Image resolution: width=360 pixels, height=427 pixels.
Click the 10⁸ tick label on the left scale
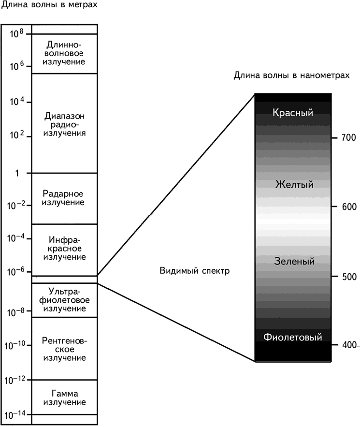(x=16, y=33)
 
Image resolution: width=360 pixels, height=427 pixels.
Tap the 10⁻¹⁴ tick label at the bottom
(x=14, y=415)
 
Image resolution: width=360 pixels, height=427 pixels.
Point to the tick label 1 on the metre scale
(x=17, y=173)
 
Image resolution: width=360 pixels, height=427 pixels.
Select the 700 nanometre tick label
(x=348, y=137)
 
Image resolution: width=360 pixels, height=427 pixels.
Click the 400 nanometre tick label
(x=349, y=345)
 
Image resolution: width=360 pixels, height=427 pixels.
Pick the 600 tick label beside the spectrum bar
(x=349, y=206)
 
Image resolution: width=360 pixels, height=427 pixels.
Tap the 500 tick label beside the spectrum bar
(x=349, y=277)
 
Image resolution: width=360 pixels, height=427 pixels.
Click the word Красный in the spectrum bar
(x=293, y=113)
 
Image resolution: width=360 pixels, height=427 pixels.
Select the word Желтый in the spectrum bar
(x=294, y=184)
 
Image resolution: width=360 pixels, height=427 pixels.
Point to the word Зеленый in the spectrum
(x=294, y=261)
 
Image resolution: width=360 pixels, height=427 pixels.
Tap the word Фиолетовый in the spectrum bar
(x=293, y=337)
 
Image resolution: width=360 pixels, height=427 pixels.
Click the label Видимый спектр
(x=195, y=271)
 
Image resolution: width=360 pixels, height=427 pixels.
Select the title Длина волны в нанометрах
(x=291, y=75)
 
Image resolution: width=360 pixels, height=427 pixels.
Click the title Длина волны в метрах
(x=49, y=5)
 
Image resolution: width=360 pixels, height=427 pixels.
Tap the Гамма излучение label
(x=64, y=398)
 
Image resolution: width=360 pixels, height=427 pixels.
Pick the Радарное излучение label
(x=63, y=198)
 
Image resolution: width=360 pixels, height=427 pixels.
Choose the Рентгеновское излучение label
(x=64, y=349)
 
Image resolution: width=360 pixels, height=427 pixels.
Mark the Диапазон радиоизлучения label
(x=64, y=124)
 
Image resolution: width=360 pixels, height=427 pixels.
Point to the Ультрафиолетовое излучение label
(x=64, y=300)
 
